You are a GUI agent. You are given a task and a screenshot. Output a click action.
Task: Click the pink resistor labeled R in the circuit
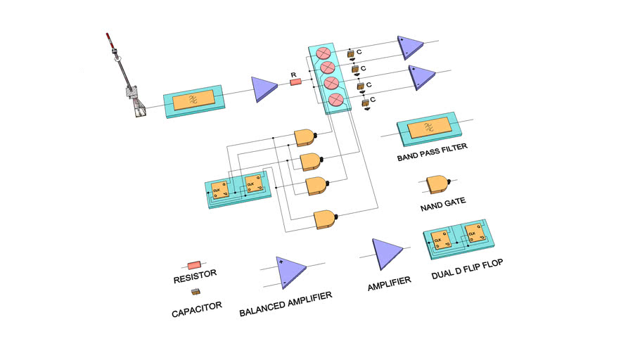296,82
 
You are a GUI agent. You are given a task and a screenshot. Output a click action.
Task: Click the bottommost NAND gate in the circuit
326,219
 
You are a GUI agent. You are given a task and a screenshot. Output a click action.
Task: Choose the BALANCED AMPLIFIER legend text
286,299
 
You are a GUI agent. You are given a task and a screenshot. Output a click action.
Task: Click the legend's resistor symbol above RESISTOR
193,265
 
